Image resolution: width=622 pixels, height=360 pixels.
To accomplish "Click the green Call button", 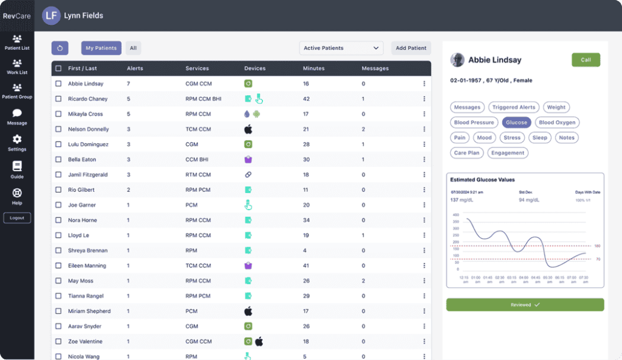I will (x=586, y=60).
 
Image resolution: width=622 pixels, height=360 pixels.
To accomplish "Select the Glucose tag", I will (x=516, y=123).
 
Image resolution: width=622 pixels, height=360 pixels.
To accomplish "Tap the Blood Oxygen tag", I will (x=557, y=123).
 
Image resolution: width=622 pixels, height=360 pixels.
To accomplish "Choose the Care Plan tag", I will (x=467, y=153).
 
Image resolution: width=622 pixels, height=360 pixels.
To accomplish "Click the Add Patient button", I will (x=411, y=48).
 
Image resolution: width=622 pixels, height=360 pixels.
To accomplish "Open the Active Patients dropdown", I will (x=341, y=48).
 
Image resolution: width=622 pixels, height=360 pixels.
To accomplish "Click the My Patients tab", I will (x=101, y=48).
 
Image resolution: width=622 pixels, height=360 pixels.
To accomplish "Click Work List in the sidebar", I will (x=17, y=67).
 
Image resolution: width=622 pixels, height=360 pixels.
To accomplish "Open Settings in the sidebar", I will (x=17, y=143).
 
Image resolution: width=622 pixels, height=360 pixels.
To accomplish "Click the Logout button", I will (x=17, y=218).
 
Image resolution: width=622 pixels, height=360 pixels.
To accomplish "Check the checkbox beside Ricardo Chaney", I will (x=58, y=99).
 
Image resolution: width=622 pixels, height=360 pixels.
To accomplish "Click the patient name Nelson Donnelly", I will (x=88, y=129).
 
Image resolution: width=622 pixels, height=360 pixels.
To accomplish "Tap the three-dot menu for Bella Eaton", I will (x=424, y=160).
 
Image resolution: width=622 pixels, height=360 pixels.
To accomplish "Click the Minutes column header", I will (x=313, y=69).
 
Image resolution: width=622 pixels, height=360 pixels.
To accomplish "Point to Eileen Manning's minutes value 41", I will (x=306, y=266).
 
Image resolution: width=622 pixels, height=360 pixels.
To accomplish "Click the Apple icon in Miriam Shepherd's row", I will (x=248, y=311).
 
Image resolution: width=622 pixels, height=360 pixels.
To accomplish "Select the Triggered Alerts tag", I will (x=513, y=107).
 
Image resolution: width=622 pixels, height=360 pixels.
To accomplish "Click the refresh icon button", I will (x=60, y=48).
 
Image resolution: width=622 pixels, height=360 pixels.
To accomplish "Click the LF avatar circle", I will (x=51, y=15).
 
